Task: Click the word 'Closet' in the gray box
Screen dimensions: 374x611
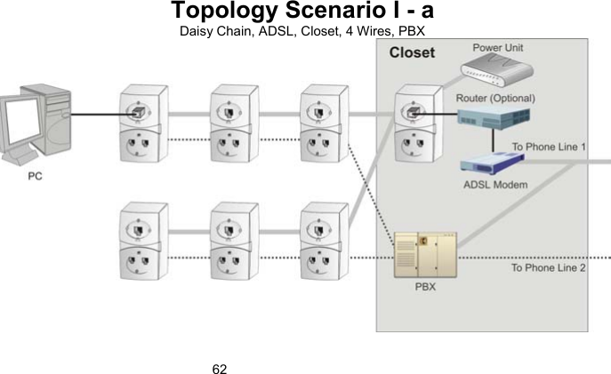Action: (x=412, y=52)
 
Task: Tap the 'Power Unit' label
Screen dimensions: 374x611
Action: (x=497, y=46)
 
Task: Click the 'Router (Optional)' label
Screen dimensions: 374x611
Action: (x=494, y=97)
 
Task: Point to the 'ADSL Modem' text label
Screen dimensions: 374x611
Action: (x=495, y=185)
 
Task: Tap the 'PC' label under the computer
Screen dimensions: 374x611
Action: (x=35, y=175)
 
